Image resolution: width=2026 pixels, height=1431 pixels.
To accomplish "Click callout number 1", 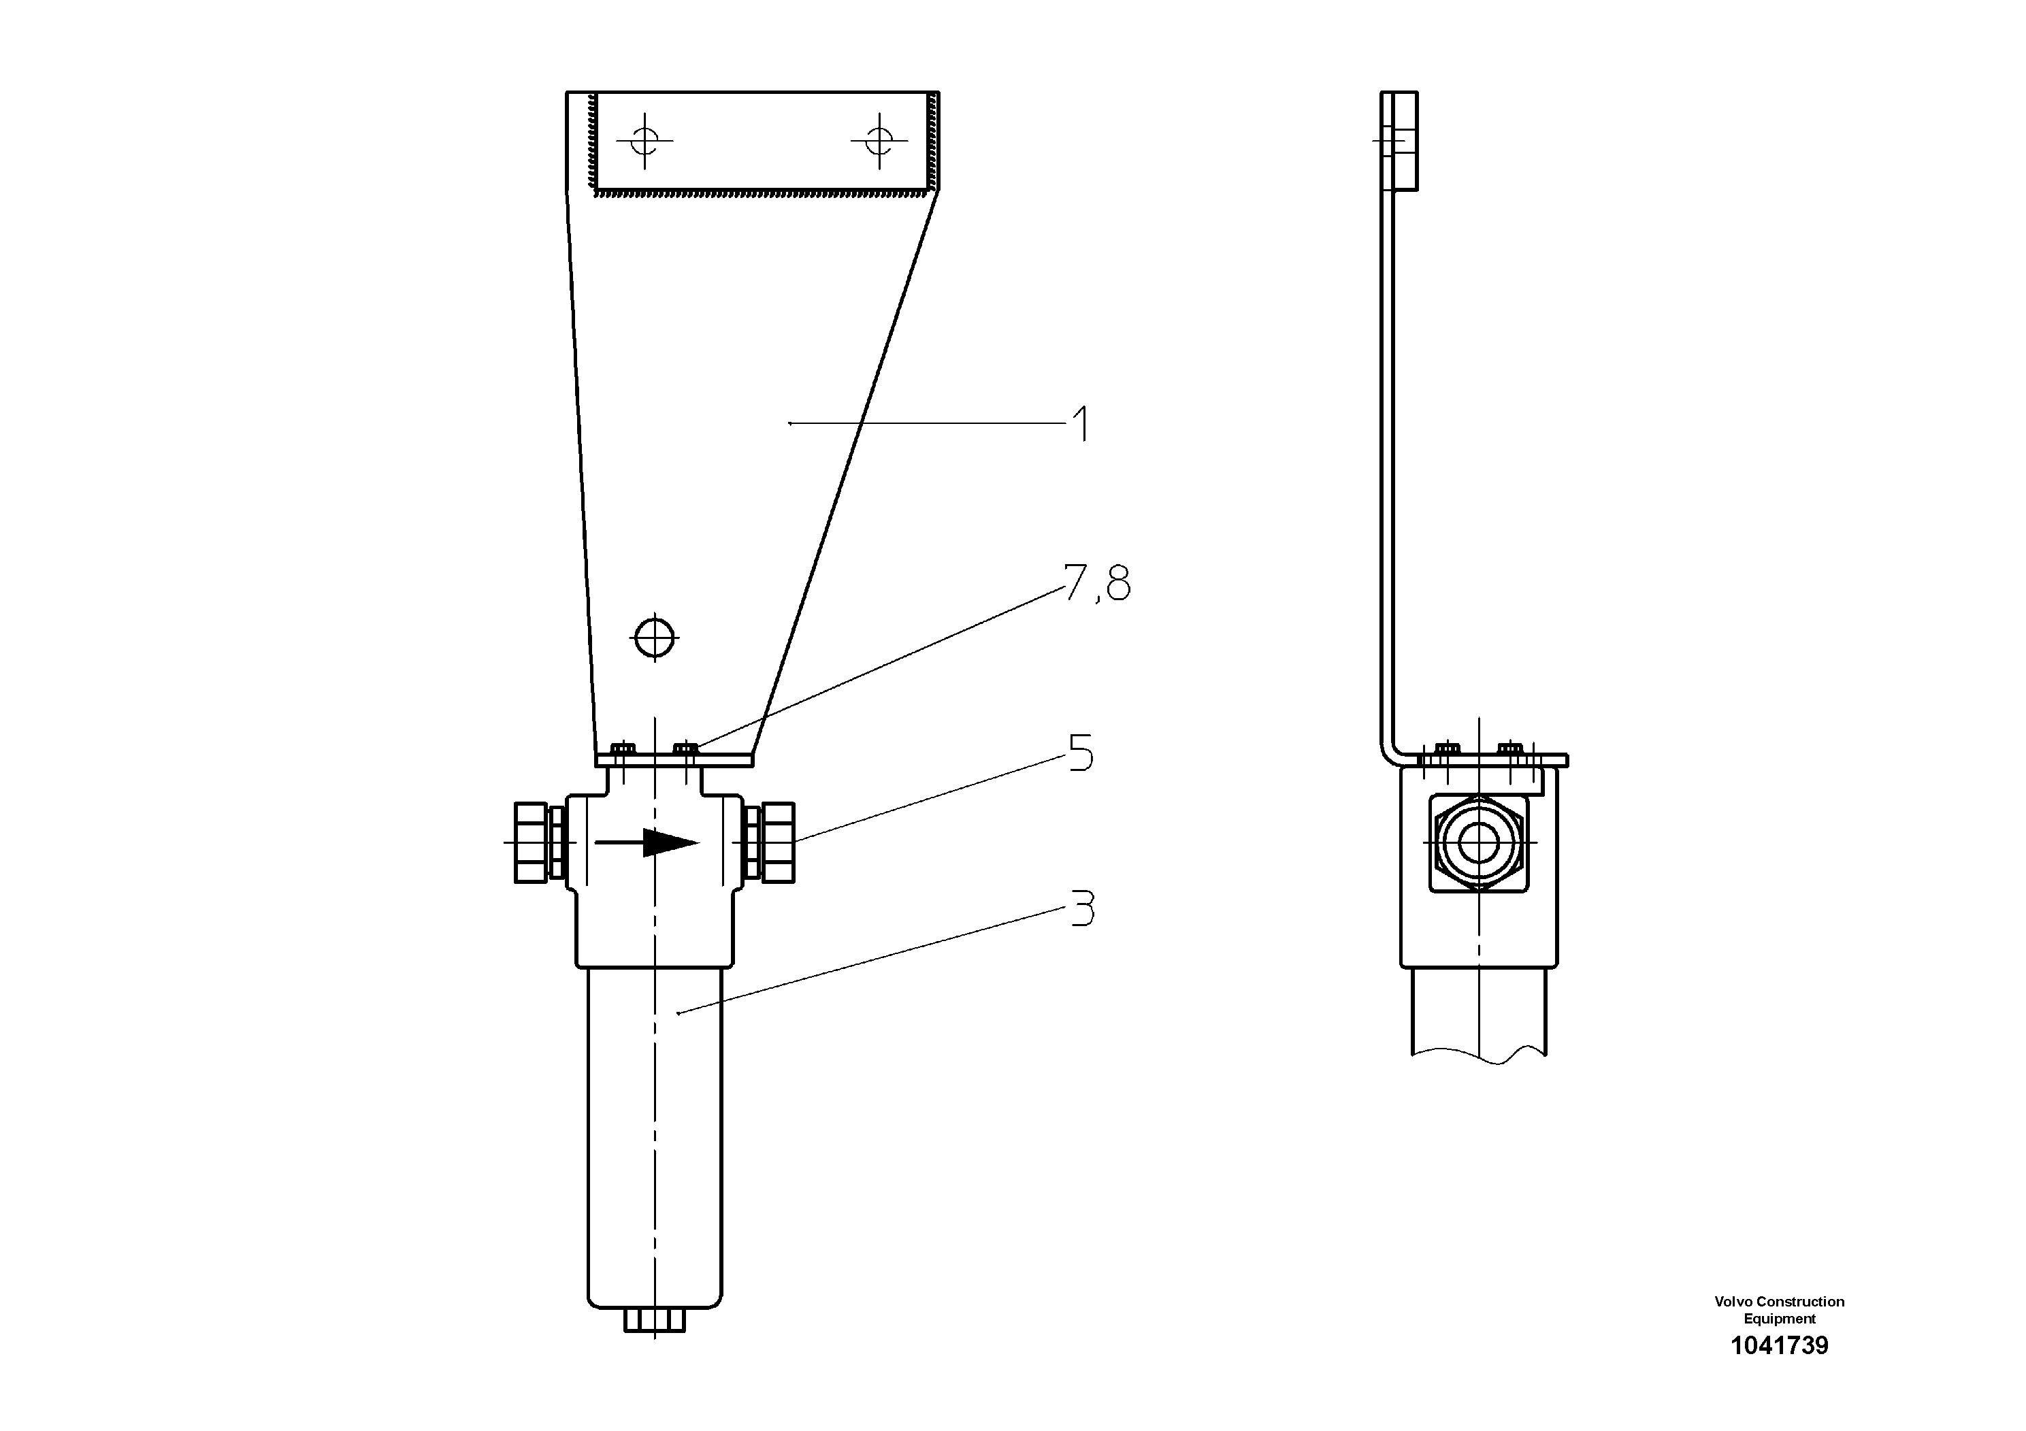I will coord(1079,425).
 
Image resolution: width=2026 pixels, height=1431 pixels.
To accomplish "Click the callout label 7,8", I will coord(1097,583).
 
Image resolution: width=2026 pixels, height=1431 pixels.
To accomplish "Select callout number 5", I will coord(1081,753).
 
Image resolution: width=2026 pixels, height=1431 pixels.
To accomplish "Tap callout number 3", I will coord(1082,908).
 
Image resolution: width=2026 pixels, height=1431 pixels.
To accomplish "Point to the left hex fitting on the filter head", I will coord(532,842).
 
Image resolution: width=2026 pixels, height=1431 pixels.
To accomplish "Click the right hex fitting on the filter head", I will coord(777,842).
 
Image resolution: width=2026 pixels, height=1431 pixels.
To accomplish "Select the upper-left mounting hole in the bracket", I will coord(645,139).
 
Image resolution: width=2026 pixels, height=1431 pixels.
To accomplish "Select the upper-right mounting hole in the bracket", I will coord(879,139).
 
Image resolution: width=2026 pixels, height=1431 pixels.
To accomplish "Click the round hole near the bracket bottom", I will coord(655,636).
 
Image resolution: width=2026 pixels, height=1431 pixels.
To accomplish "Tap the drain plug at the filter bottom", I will coord(654,1320).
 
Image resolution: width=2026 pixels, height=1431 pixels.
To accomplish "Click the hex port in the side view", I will coord(1478,842).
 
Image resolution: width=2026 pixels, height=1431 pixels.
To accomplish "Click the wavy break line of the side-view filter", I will coord(1480,1055).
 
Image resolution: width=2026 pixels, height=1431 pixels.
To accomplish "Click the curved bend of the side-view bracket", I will coord(1390,750).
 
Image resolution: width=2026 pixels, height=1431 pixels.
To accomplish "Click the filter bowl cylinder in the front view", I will coord(654,1138).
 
